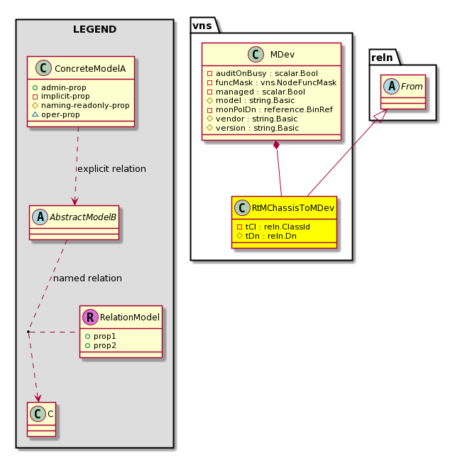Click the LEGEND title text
pos(94,29)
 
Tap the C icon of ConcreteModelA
pos(43,68)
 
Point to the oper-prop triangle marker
pos(35,114)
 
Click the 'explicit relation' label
pos(111,169)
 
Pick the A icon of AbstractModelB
pos(40,217)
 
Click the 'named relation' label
pos(87,278)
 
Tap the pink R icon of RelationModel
pos(90,317)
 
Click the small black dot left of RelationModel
pos(28,331)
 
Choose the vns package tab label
pos(202,26)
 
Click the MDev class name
pos(282,55)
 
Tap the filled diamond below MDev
pos(276,145)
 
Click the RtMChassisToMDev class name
pos(292,208)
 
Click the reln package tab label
pos(382,58)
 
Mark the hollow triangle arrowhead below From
pos(381,116)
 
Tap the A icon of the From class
pos(392,86)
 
